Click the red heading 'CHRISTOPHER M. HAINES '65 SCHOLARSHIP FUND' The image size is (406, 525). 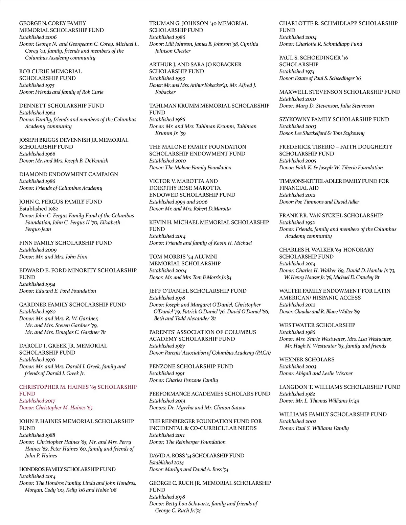tap(78, 390)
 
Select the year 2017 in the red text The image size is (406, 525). tap(50, 401)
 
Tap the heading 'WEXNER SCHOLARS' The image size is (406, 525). tap(307, 359)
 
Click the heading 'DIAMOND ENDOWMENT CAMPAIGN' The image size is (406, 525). tap(68, 174)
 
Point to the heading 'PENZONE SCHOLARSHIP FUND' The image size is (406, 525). tap(191, 366)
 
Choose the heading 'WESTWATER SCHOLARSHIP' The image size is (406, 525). tap(317, 325)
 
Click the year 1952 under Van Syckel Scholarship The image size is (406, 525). tap(310, 222)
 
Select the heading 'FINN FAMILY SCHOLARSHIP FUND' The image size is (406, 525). tap(65, 243)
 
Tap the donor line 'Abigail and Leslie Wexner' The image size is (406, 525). tap(324, 373)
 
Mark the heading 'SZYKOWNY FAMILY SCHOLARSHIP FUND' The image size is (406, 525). tap(334, 119)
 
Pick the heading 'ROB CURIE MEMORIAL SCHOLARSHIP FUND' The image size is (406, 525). tap(50, 75)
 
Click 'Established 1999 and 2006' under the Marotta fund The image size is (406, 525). tap(178, 202)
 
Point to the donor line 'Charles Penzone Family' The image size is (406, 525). tap(191, 380)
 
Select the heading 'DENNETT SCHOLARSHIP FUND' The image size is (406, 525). tap(62, 105)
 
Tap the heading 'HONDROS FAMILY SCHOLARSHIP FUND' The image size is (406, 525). tap(67, 469)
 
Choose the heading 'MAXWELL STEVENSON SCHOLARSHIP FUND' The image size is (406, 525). tap(339, 92)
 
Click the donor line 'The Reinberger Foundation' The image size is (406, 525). tap(195, 442)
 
